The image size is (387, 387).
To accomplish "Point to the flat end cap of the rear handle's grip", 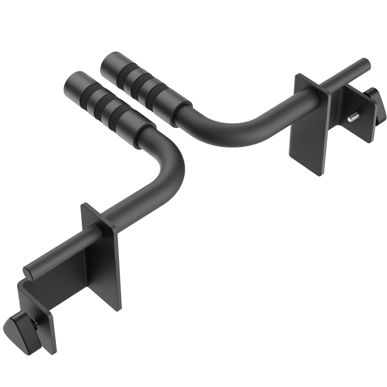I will point(109,65).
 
